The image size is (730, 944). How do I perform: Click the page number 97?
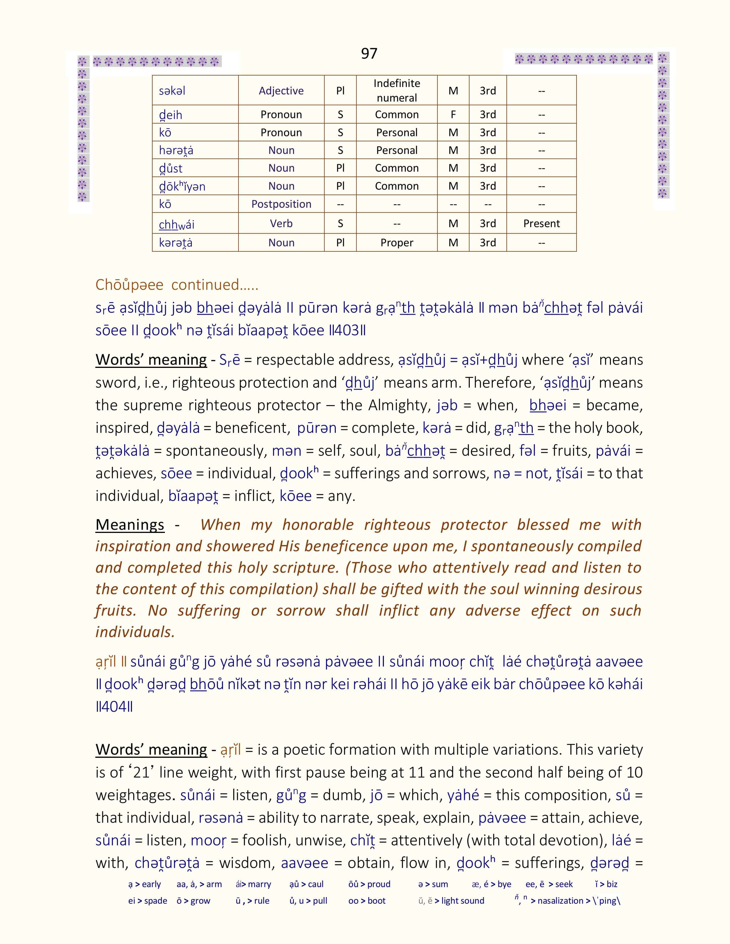tap(369, 53)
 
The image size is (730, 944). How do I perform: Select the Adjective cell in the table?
tap(281, 91)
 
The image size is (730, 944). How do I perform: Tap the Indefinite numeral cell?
tap(396, 90)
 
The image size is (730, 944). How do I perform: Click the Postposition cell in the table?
tap(281, 204)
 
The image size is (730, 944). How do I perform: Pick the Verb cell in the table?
tap(281, 223)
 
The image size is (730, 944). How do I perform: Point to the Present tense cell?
tap(541, 223)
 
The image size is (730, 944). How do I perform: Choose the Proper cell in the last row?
tap(396, 243)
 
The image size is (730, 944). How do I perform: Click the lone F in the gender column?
tap(453, 114)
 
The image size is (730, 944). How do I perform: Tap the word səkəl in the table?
tap(172, 91)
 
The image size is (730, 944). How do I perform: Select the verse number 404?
tap(114, 707)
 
